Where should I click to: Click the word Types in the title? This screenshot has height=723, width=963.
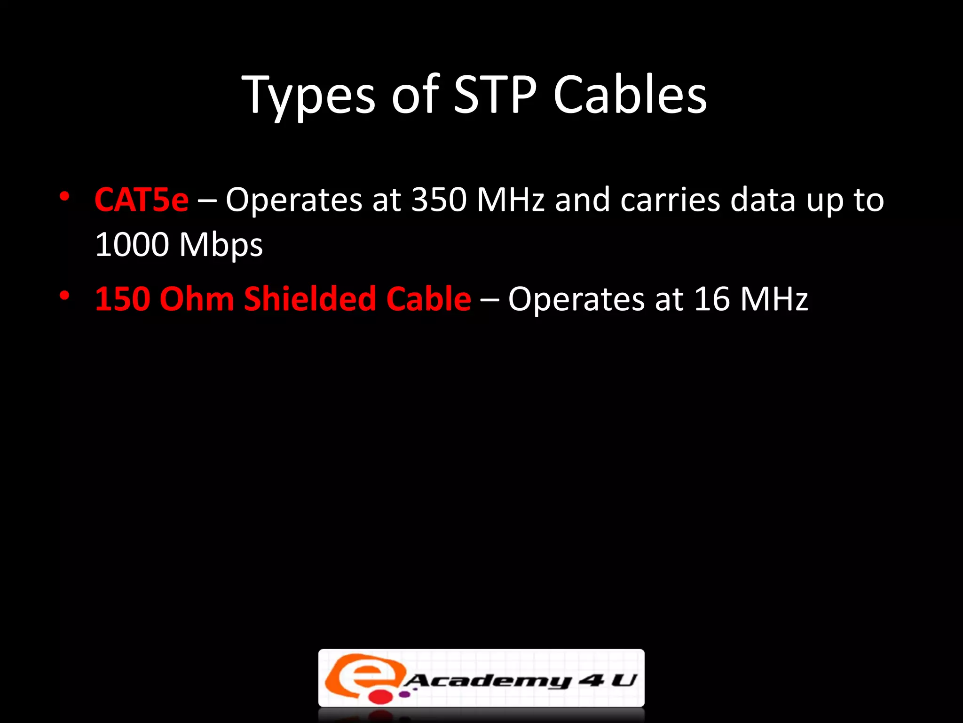tap(308, 96)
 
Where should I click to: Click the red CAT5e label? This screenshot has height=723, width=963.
tap(142, 200)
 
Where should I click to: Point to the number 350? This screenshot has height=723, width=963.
tap(439, 200)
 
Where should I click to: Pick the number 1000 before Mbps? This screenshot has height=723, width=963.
tap(132, 244)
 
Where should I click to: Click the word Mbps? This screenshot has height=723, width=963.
tap(221, 245)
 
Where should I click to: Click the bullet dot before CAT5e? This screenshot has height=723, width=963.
tap(65, 196)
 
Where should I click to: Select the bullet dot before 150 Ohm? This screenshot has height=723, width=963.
tap(65, 296)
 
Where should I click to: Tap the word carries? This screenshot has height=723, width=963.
tap(671, 200)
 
